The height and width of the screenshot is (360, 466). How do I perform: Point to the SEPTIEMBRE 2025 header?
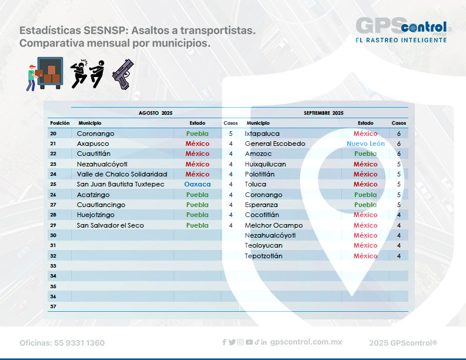tap(323, 112)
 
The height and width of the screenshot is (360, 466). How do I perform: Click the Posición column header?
tap(59, 123)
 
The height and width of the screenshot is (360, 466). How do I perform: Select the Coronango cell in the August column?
tap(95, 134)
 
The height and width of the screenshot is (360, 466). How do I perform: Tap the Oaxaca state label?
tap(197, 184)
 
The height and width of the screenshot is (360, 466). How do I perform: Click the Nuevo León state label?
tap(365, 144)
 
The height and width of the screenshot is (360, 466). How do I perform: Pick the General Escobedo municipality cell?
tap(275, 144)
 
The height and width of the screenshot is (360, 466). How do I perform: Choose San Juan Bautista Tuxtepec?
tap(120, 184)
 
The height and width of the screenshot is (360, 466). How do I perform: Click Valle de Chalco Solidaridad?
tap(122, 174)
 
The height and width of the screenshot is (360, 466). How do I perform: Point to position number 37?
tap(53, 306)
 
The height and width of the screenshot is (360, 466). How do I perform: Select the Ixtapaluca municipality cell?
tap(262, 134)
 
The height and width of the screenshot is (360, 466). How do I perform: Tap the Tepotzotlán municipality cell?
tap(264, 256)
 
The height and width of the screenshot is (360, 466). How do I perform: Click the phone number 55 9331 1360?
tap(62, 343)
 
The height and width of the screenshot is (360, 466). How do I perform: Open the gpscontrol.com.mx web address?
tap(306, 342)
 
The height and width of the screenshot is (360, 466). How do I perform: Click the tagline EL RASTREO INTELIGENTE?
tap(401, 40)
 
